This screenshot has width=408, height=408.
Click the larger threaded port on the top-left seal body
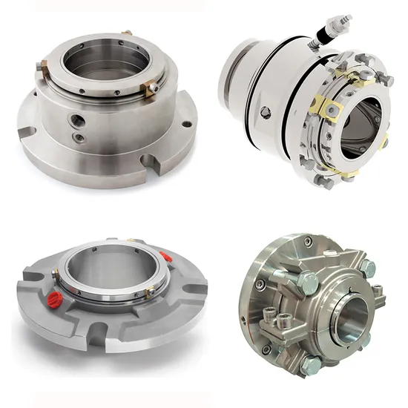point(77,119)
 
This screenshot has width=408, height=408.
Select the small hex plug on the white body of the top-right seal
point(266,113)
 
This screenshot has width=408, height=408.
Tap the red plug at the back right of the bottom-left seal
point(166,257)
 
